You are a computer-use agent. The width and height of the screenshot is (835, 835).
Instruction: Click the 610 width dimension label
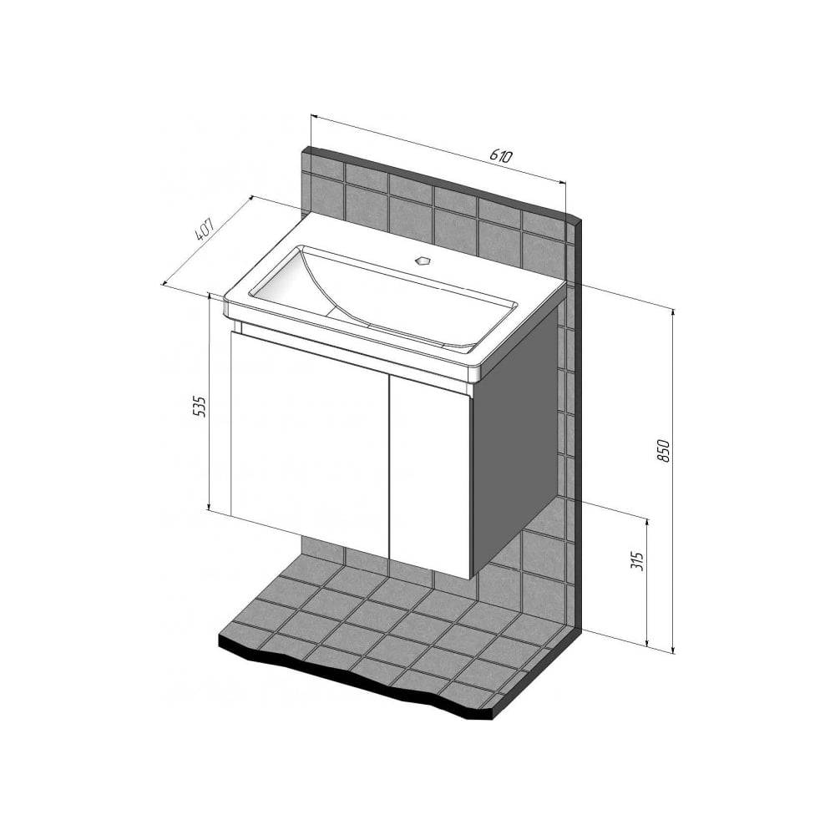point(501,155)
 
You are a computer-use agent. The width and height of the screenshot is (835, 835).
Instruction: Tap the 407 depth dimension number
point(205,230)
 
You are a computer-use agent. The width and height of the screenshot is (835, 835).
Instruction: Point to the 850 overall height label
point(663,451)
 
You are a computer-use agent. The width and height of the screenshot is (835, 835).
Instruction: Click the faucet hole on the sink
point(423,261)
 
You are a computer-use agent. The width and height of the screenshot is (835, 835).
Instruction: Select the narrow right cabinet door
point(430,477)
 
